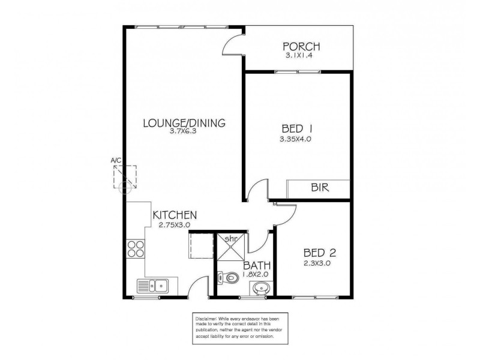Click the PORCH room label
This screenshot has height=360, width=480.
coord(302,47)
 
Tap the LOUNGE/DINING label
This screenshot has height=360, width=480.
coord(184,124)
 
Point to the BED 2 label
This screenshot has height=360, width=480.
coord(316,253)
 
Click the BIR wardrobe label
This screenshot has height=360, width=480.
coord(319,188)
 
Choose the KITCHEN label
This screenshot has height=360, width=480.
coord(175,215)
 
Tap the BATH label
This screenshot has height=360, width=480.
coord(256,266)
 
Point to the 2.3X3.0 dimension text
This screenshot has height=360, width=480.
coord(316,263)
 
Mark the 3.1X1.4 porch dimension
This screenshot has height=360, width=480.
coord(302,55)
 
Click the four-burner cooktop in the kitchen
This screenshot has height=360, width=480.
coord(136,249)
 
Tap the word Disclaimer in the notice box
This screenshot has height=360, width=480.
coord(205,316)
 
